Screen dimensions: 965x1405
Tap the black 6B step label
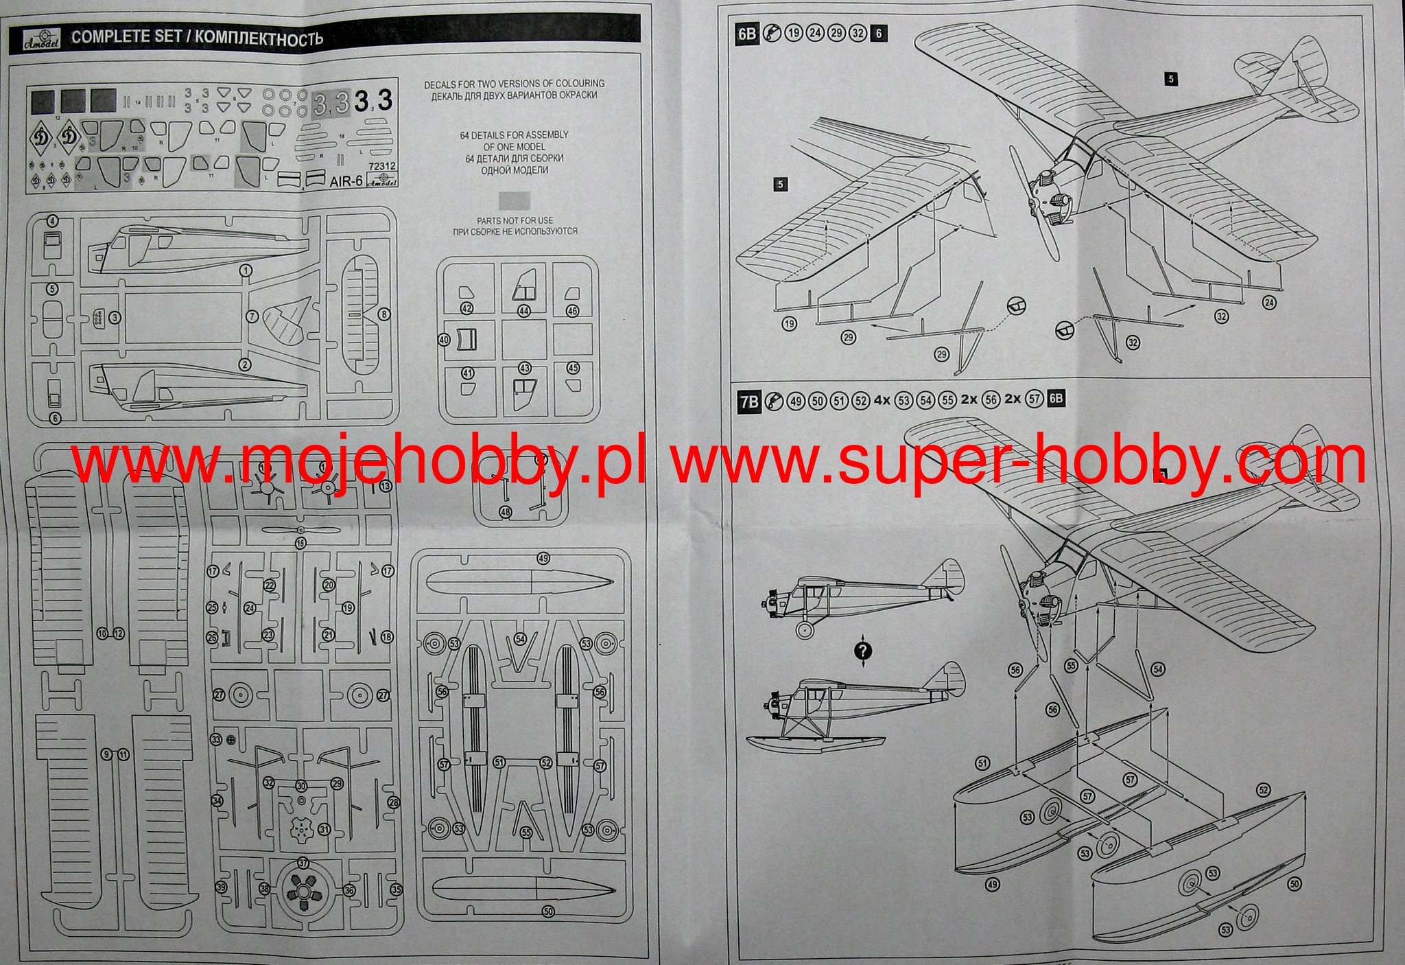click(x=747, y=34)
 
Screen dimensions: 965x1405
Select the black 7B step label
click(x=748, y=401)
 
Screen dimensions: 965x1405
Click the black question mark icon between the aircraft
click(x=863, y=651)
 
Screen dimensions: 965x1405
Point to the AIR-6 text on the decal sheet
click(x=346, y=183)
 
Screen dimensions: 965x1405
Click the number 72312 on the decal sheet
click(x=382, y=166)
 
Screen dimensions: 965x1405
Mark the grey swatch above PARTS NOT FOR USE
click(x=515, y=200)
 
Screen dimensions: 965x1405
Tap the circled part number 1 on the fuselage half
click(x=246, y=270)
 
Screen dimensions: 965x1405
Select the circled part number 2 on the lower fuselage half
click(x=245, y=365)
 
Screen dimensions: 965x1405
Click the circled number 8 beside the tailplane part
click(x=384, y=314)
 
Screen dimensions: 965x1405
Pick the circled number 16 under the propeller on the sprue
click(x=300, y=543)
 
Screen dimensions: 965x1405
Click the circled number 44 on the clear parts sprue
click(x=524, y=310)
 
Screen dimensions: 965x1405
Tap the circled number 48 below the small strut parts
click(x=506, y=512)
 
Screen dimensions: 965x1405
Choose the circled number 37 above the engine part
click(x=303, y=863)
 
